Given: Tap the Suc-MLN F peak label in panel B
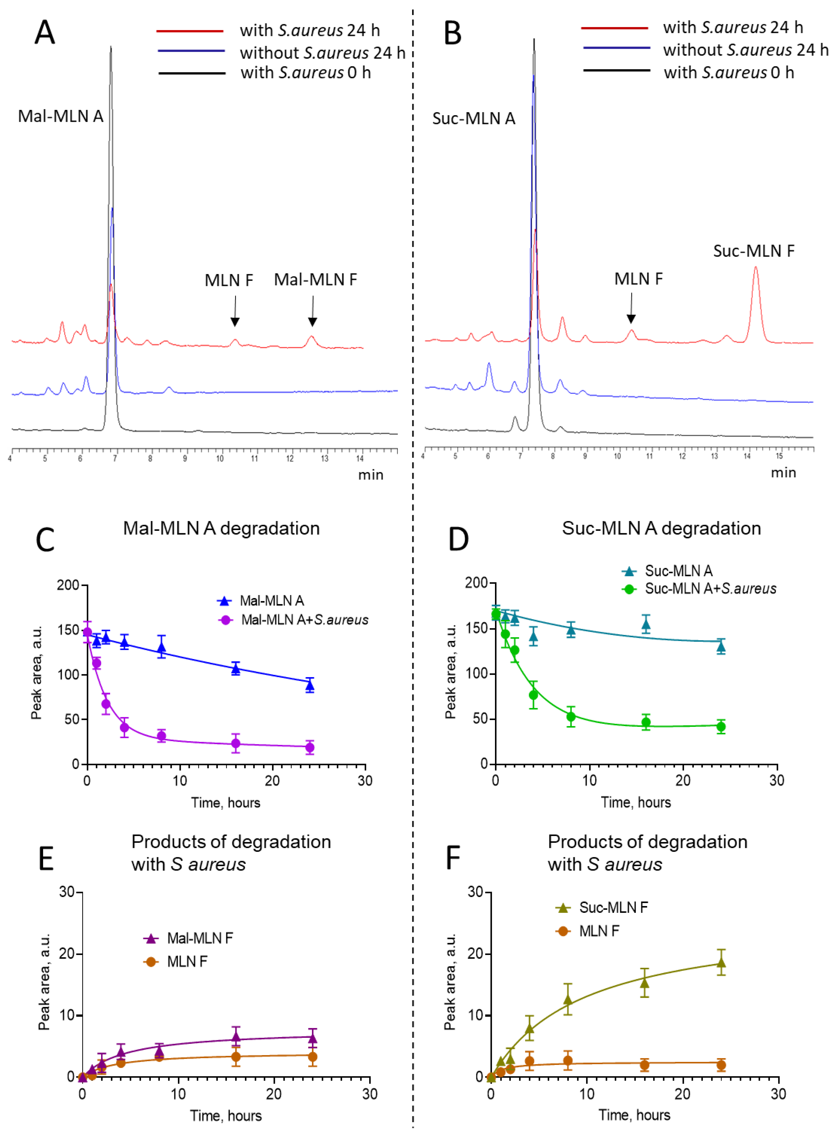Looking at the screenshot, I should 754,251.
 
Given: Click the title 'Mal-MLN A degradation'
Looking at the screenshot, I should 221,528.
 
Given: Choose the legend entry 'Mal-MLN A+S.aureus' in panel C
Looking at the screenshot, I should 304,620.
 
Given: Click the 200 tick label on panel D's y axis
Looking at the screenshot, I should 476,583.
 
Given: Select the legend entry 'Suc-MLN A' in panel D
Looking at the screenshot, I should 678,571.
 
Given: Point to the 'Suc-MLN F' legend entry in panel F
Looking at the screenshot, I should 613,907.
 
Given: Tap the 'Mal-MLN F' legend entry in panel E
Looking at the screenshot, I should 200,938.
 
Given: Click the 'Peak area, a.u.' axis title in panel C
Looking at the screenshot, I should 36,672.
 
